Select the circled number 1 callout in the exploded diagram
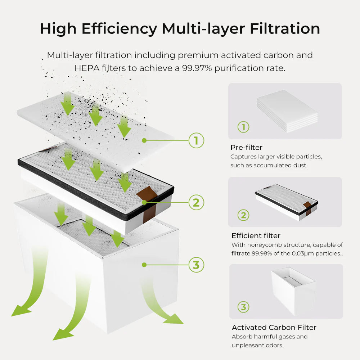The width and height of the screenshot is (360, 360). pos(196,140)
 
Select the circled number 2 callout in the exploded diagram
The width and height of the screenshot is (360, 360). pos(196,202)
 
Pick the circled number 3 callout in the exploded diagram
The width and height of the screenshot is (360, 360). pos(196,265)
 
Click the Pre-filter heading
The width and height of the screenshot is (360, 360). pos(246,148)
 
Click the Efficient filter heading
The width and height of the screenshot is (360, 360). pos(256,236)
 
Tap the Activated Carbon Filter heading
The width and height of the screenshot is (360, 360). pos(274,328)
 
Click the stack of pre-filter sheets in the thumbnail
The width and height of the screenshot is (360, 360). pos(287,109)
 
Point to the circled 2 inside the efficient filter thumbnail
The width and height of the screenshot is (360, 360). pos(243,215)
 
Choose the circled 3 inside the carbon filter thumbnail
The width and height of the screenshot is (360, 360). pos(243,307)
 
